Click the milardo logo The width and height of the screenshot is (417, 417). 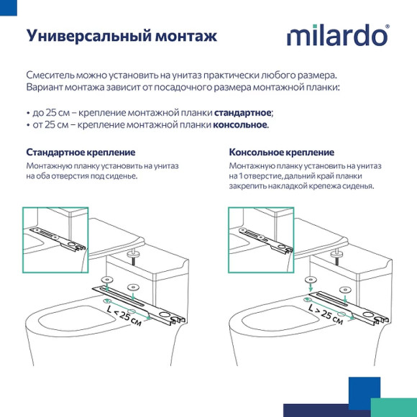(337, 36)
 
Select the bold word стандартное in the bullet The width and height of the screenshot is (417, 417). (243, 113)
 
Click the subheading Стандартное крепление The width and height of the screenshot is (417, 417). (81, 152)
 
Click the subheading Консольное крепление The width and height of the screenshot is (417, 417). (281, 152)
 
